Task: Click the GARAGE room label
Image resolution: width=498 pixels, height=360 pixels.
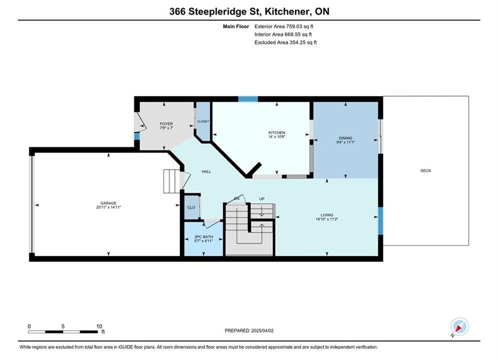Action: pyautogui.click(x=108, y=203)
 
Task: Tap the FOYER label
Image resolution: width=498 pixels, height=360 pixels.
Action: pyautogui.click(x=166, y=123)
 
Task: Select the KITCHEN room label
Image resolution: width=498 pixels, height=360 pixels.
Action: pyautogui.click(x=277, y=132)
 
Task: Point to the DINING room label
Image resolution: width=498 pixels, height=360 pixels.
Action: pyautogui.click(x=345, y=138)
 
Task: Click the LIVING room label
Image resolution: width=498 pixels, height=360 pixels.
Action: pyautogui.click(x=326, y=214)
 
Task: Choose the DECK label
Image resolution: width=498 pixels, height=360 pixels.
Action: pyautogui.click(x=425, y=170)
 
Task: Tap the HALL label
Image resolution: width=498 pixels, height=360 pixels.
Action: pyautogui.click(x=206, y=171)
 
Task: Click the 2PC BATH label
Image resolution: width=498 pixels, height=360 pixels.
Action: pyautogui.click(x=204, y=236)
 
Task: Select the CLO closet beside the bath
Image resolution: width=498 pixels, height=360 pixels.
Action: pyautogui.click(x=191, y=207)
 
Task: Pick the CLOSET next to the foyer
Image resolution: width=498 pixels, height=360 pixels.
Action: pyautogui.click(x=203, y=121)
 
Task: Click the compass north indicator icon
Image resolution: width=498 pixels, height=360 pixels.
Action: pyautogui.click(x=459, y=326)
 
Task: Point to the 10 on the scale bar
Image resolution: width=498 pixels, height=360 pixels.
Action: pyautogui.click(x=99, y=326)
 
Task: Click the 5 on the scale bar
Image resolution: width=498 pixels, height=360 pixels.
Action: pyautogui.click(x=63, y=326)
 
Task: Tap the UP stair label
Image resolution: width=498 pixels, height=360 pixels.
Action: pyautogui.click(x=262, y=199)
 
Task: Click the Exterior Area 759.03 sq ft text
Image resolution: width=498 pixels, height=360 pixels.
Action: pyautogui.click(x=284, y=26)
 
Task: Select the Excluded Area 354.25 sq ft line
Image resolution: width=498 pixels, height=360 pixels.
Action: pyautogui.click(x=285, y=42)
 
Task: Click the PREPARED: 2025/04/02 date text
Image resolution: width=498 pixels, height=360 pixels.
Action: pyautogui.click(x=249, y=330)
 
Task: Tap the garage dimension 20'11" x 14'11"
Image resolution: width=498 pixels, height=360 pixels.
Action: pyautogui.click(x=108, y=207)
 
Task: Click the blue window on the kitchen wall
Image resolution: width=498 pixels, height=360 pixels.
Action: pyautogui.click(x=248, y=99)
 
